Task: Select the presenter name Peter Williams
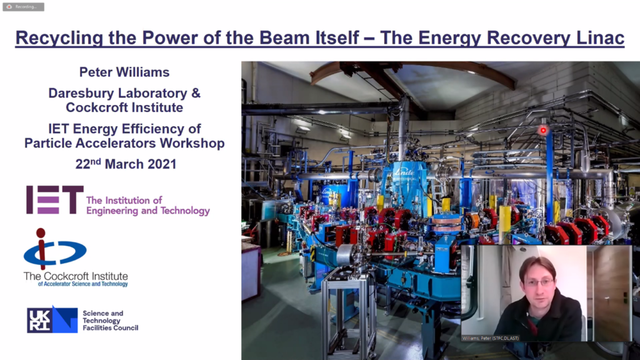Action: [x=124, y=72]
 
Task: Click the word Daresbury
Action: [x=84, y=94]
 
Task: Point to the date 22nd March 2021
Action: [x=126, y=164]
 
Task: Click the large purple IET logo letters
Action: [x=55, y=199]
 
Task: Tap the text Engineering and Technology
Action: [x=147, y=211]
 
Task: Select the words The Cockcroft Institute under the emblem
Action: [x=76, y=276]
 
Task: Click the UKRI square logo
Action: [x=52, y=319]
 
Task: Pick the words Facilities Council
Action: [x=110, y=327]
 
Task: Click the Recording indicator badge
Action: [x=23, y=6]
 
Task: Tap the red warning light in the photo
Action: [x=543, y=130]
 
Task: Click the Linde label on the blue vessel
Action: [x=404, y=172]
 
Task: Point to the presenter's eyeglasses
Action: [x=539, y=282]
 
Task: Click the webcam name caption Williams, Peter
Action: [x=490, y=338]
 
